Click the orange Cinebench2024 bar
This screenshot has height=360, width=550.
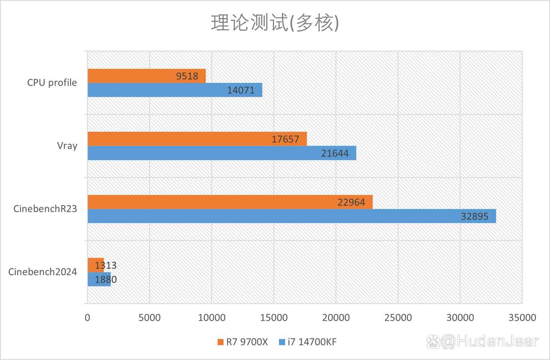(95, 265)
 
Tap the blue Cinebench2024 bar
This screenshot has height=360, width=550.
(98, 279)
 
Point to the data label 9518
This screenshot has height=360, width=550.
(187, 76)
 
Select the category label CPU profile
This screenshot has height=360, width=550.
(52, 83)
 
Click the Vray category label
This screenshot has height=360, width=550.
(68, 146)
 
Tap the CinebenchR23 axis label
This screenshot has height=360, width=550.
(45, 209)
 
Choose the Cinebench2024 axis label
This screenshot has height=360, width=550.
(43, 272)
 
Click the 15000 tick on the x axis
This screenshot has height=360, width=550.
(274, 317)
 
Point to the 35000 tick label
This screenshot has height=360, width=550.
(522, 317)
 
